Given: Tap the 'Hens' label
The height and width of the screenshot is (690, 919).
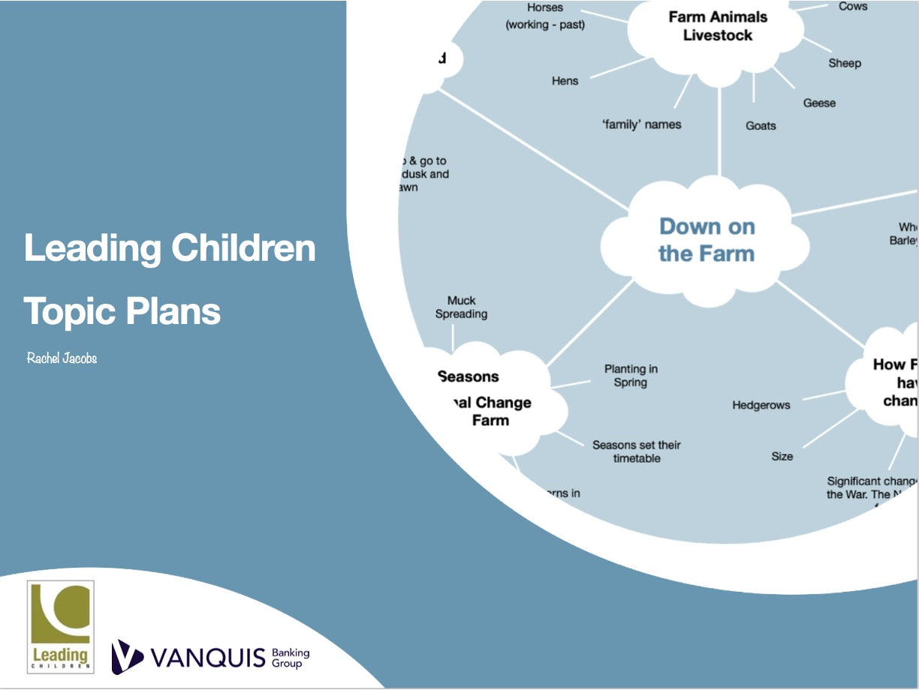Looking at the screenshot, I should pyautogui.click(x=565, y=81).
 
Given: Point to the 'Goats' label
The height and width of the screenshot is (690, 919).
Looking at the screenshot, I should pyautogui.click(x=761, y=126).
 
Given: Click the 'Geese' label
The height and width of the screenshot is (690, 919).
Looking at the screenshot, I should pyautogui.click(x=819, y=103).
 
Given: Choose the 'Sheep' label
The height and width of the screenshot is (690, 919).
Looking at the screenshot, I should pyautogui.click(x=845, y=63).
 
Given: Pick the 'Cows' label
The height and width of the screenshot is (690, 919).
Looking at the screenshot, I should pyautogui.click(x=852, y=7).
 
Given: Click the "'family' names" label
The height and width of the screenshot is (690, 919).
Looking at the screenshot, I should pyautogui.click(x=641, y=124).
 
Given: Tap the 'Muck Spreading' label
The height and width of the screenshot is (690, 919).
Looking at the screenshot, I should pyautogui.click(x=461, y=307).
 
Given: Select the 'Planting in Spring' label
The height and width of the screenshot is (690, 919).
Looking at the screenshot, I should pyautogui.click(x=630, y=376).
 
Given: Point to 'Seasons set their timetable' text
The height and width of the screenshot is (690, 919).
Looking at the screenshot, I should pyautogui.click(x=636, y=451).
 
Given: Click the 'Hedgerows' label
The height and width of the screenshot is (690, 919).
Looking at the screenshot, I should pyautogui.click(x=761, y=406).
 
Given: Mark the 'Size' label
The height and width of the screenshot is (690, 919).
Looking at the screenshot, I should pyautogui.click(x=782, y=456).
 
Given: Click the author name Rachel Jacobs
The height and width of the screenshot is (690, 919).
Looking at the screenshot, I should pyautogui.click(x=62, y=358).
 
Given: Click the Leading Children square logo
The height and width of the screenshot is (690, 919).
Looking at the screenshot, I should pyautogui.click(x=61, y=625).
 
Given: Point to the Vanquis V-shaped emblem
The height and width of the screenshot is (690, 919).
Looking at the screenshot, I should pyautogui.click(x=127, y=657).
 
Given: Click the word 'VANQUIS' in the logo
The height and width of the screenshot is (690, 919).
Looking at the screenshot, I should pyautogui.click(x=208, y=658).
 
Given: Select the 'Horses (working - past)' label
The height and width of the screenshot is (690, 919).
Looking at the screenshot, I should pyautogui.click(x=545, y=16).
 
